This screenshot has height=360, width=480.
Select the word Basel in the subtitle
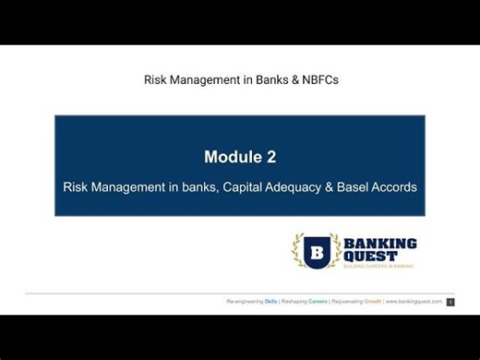[x=357, y=186]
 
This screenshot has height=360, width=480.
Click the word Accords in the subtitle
[x=397, y=186]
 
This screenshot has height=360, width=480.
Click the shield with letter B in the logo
[x=317, y=251]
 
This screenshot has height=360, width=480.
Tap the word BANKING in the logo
[x=380, y=243]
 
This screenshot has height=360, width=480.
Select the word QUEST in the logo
[x=368, y=257]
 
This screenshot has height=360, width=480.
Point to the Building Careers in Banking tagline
[x=379, y=267]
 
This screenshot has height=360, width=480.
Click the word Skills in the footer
[x=271, y=302]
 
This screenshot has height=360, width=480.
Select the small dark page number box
[x=450, y=302]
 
